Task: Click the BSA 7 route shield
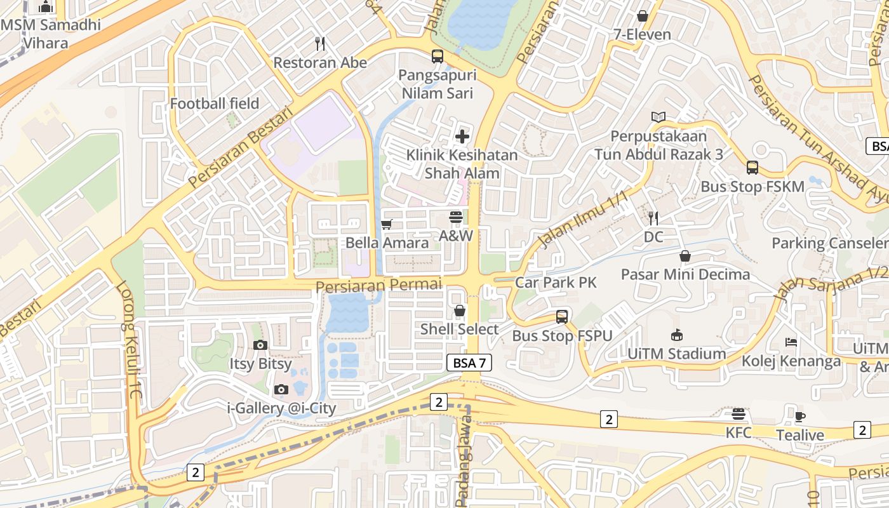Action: [470, 363]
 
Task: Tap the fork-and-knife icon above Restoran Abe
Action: [320, 44]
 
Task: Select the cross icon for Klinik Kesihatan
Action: [462, 136]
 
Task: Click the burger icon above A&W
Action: [455, 217]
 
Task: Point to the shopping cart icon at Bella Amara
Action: [386, 224]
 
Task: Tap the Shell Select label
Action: [460, 329]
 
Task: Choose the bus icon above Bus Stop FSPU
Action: [562, 316]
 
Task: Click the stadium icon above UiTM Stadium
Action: [677, 335]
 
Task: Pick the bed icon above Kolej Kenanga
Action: [791, 342]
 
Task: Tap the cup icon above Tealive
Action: [800, 417]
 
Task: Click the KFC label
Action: [739, 433]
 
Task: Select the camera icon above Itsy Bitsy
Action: [260, 345]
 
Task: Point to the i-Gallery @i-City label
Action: [282, 408]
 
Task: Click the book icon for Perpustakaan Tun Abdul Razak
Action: [658, 117]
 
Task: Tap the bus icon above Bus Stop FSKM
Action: [752, 168]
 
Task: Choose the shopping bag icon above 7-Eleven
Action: [642, 16]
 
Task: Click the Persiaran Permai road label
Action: [378, 285]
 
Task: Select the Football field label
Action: [215, 104]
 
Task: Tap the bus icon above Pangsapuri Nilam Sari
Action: [438, 56]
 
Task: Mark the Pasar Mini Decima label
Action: [685, 274]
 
